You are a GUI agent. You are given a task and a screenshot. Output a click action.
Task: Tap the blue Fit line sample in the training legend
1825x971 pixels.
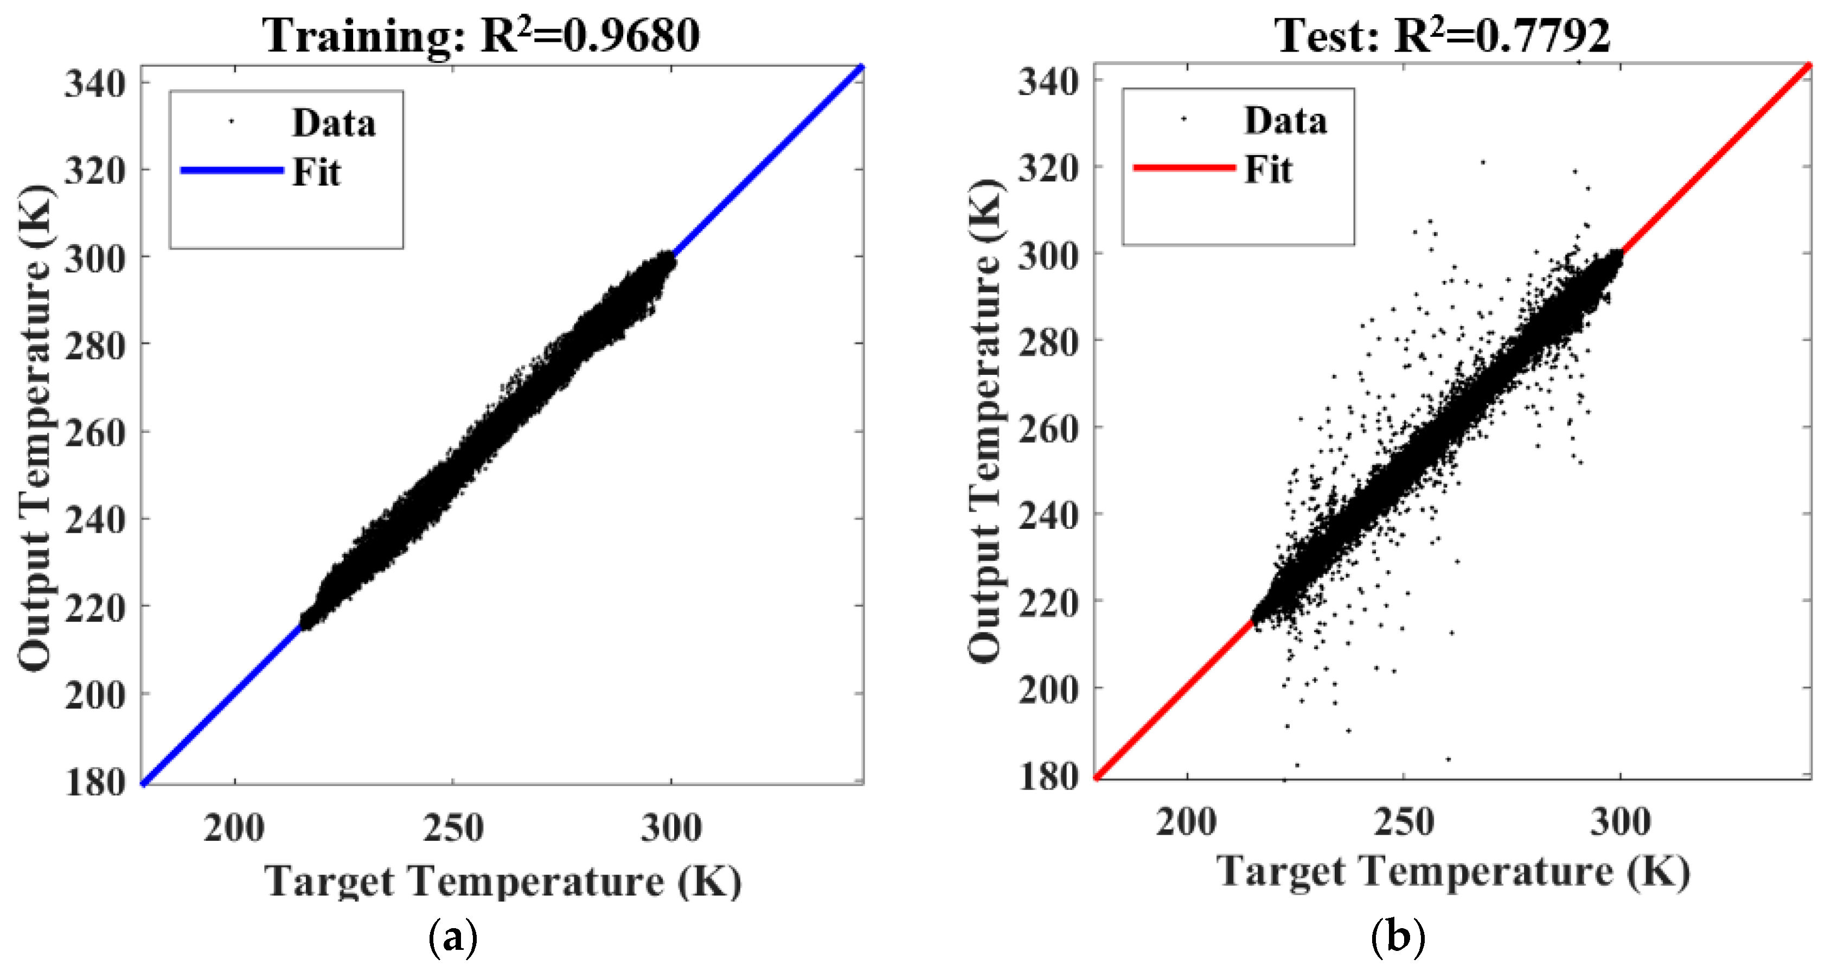click(232, 170)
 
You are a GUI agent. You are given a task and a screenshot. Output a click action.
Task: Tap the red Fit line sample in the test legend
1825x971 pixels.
click(1184, 167)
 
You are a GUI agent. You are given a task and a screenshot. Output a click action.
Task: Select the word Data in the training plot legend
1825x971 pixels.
click(333, 123)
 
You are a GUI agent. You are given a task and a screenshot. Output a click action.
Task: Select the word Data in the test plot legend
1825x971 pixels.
click(1285, 120)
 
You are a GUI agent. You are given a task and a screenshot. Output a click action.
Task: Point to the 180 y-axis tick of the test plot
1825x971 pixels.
click(1048, 776)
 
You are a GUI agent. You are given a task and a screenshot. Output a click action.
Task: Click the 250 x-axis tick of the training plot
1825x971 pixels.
click(453, 828)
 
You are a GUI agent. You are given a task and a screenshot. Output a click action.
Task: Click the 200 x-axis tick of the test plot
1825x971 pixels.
click(1187, 822)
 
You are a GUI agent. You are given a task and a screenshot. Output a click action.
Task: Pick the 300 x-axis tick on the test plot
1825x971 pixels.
click(1620, 822)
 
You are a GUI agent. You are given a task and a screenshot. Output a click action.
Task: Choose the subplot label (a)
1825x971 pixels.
click(453, 938)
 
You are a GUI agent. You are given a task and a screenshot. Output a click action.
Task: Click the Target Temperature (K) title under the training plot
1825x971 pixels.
click(503, 881)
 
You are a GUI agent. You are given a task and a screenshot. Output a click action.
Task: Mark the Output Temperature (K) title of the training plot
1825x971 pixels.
click(35, 428)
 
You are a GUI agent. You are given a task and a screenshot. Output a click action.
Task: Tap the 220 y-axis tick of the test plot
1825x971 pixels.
click(1048, 603)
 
